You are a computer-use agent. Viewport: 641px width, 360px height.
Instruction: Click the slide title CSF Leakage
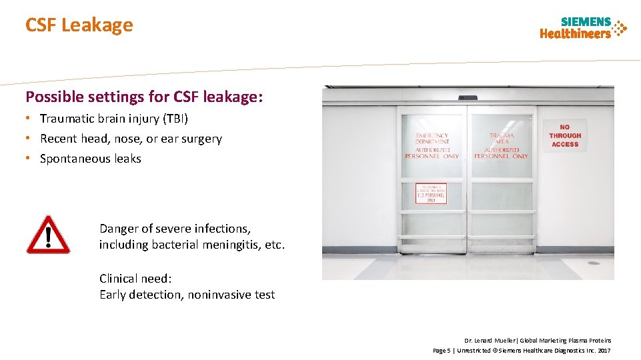(x=79, y=25)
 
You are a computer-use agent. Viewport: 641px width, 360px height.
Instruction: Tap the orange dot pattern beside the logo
(x=620, y=28)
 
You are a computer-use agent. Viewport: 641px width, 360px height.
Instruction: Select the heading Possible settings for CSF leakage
(x=144, y=97)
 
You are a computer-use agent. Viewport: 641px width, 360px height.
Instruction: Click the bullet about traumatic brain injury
(x=114, y=119)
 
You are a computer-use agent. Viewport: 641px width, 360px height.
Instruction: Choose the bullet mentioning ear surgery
(x=131, y=139)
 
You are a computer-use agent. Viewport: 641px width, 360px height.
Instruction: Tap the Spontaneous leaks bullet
(x=90, y=159)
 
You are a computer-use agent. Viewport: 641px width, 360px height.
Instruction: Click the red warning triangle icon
(x=48, y=235)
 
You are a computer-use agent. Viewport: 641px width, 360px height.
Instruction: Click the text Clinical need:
(x=135, y=279)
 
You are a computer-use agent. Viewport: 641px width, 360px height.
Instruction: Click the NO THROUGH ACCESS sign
(x=565, y=135)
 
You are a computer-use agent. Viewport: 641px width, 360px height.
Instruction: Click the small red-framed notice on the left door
(x=431, y=193)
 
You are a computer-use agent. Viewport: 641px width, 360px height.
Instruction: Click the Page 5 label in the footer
(x=442, y=351)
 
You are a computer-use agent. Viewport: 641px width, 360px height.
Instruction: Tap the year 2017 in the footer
(x=604, y=351)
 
